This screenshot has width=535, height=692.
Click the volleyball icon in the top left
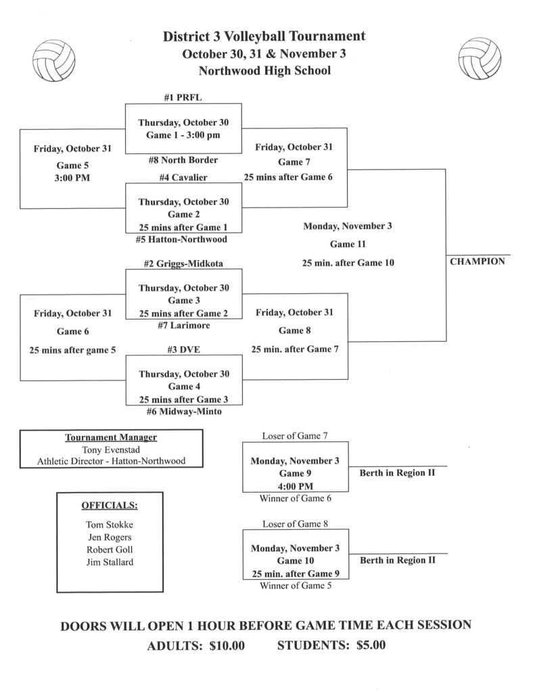56,60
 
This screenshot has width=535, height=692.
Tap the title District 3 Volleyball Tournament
264,37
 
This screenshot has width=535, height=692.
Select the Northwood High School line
264,70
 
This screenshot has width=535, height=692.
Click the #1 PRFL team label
183,97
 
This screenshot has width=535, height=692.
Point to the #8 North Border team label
183,160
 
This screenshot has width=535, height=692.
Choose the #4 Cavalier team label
183,177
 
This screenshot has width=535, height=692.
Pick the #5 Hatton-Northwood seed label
183,239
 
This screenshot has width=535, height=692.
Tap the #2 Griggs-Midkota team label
183,263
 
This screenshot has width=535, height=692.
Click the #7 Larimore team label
183,325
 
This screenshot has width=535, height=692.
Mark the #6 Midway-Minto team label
183,411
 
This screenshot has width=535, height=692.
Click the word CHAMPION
478,262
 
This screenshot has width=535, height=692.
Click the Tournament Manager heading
111,437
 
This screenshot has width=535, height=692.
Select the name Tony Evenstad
111,449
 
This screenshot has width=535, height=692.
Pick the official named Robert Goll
105,549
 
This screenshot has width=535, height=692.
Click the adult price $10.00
227,646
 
